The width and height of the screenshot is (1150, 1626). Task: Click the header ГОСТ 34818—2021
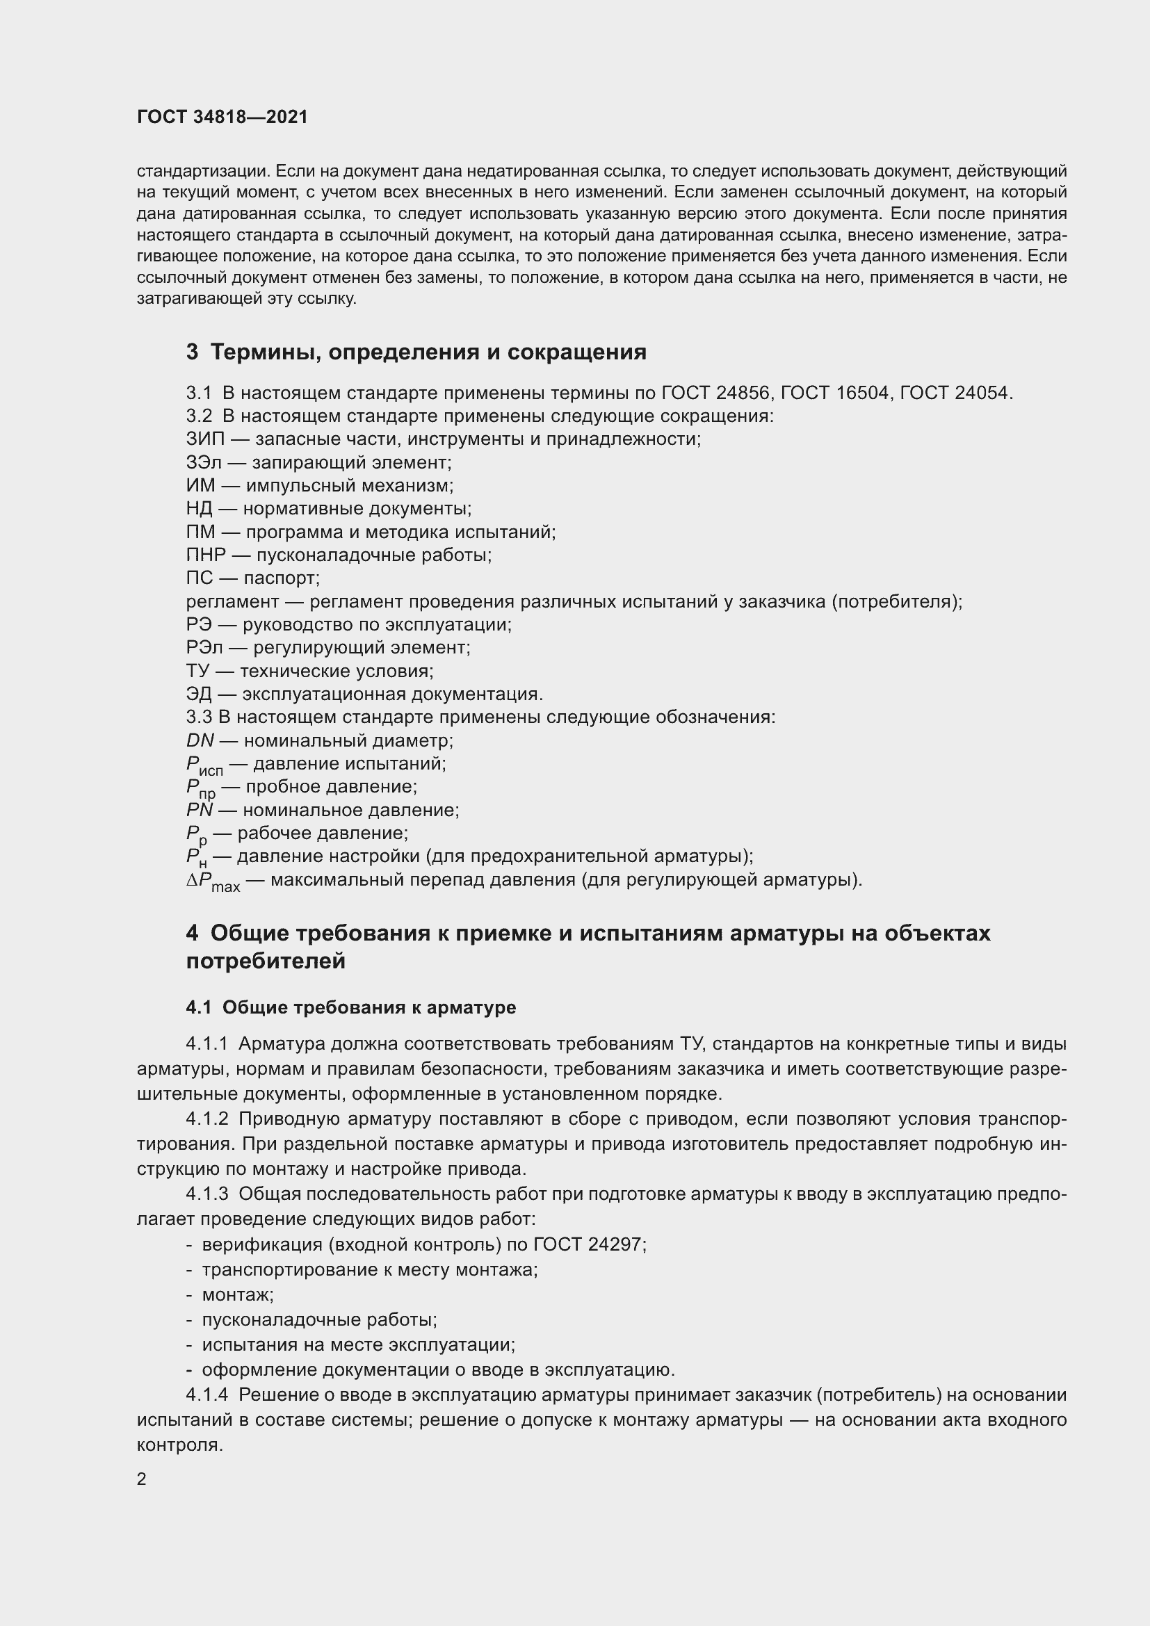(222, 117)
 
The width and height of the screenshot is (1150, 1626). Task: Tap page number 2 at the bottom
(142, 1479)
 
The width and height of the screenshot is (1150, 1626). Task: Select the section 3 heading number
(192, 352)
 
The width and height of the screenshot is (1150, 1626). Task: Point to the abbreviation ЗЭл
(204, 462)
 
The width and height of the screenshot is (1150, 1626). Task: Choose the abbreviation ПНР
(206, 555)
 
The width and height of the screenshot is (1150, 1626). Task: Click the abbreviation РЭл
(204, 647)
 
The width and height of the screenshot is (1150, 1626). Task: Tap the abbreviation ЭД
(199, 694)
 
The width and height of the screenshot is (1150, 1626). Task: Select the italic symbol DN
(200, 741)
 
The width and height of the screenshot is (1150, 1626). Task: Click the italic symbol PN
(200, 810)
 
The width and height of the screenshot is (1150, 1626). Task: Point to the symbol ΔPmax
(213, 881)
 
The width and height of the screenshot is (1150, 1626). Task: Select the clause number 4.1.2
(206, 1119)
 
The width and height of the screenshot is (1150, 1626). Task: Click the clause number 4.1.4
(206, 1395)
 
